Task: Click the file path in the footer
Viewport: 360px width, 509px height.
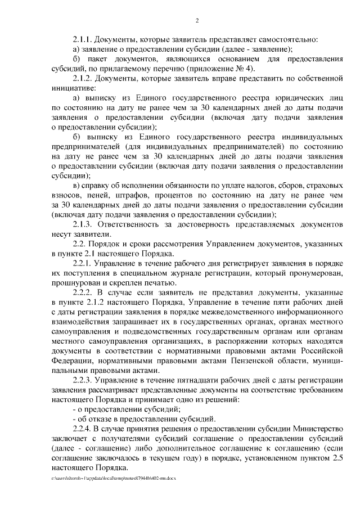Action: [113, 478]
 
